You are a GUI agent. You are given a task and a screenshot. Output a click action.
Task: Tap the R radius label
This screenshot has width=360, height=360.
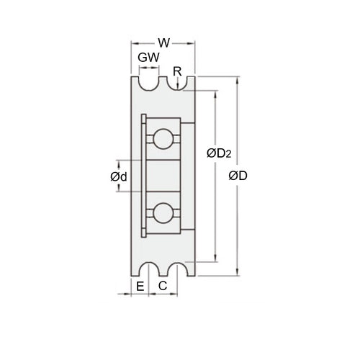(x=178, y=71)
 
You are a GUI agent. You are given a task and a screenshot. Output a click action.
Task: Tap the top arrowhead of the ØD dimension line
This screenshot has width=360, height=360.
(x=237, y=76)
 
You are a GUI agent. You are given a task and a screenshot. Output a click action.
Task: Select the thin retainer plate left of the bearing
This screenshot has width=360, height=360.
(x=145, y=176)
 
